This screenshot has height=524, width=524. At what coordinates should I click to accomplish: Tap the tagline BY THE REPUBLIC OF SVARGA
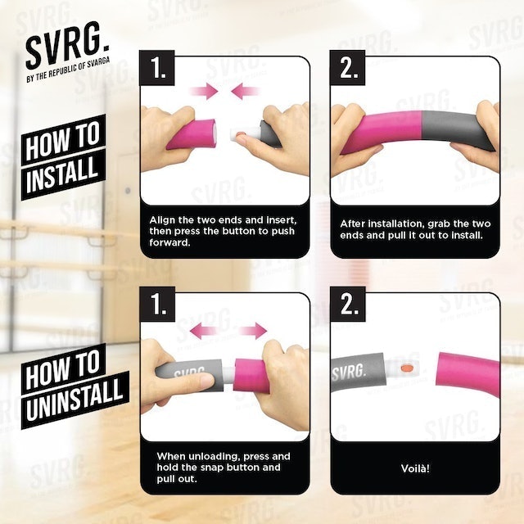[68, 70]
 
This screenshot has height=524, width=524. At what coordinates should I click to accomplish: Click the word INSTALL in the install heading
[62, 175]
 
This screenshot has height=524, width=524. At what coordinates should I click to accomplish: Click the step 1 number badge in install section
[157, 68]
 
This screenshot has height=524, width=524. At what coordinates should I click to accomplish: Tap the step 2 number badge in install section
[347, 68]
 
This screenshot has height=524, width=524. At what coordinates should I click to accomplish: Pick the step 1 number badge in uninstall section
[157, 304]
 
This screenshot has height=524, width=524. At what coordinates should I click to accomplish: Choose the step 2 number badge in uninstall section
[347, 304]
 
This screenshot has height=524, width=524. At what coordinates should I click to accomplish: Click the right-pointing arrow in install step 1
[204, 91]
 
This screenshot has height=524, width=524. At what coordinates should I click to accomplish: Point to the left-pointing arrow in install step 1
[246, 91]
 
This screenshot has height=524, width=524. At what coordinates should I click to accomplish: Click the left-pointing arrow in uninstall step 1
[205, 331]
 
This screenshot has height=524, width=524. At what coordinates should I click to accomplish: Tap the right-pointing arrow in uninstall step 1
[252, 331]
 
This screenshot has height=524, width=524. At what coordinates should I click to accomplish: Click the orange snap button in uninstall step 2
[406, 368]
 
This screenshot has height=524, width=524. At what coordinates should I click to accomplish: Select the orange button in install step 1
[240, 134]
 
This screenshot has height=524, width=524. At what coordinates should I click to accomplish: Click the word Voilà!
[415, 468]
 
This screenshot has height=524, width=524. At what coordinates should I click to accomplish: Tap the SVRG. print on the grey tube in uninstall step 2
[349, 371]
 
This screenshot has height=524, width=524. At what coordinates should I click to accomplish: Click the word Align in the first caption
[162, 220]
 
